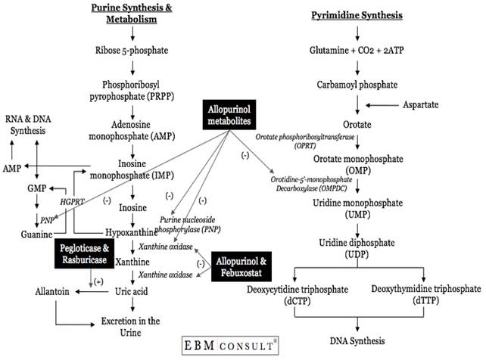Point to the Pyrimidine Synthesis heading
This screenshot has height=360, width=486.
point(356,14)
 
